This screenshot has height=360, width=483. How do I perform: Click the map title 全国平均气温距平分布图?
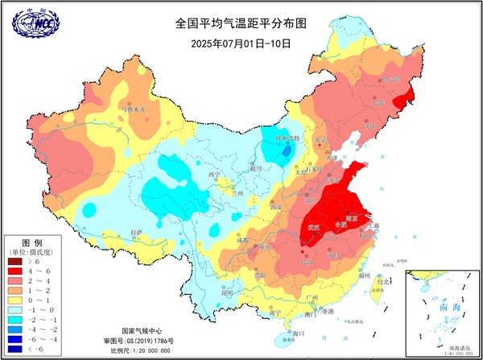tap(242, 25)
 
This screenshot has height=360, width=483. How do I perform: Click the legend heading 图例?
tap(31, 242)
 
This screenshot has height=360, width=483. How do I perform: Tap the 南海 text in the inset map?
tap(442, 307)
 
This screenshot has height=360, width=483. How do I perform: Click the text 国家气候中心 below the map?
tap(143, 331)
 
